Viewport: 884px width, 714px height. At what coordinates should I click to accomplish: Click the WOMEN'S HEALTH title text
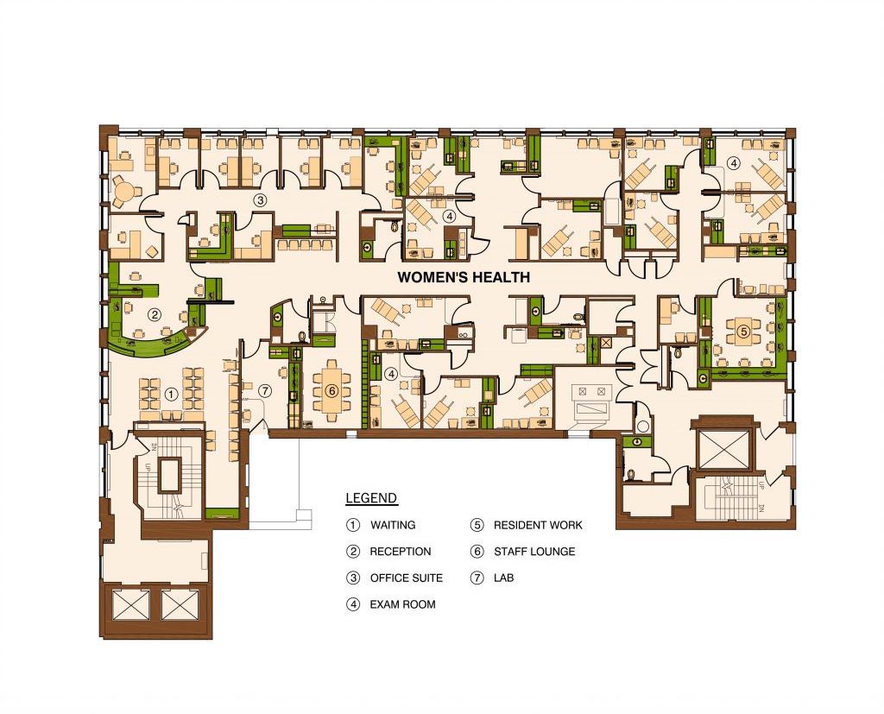pos(464,277)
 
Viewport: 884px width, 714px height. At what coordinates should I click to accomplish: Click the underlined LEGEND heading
pos(371,498)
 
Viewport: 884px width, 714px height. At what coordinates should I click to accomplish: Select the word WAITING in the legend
pos(393,525)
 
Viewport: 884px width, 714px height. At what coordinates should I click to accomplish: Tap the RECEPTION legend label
pos(401,552)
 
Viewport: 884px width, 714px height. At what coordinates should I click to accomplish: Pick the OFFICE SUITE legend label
pos(407,578)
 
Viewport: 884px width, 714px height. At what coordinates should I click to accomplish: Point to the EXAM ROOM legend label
pos(402,604)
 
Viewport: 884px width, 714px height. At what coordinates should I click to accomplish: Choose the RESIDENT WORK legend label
pos(538,525)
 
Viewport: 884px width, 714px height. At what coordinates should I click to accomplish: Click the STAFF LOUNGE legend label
pos(534,552)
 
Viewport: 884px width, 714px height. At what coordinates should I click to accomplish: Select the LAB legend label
pos(503,578)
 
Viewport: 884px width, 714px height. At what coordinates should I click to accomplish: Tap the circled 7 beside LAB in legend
pos(477,578)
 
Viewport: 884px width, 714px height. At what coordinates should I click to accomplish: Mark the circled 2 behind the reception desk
pos(154,315)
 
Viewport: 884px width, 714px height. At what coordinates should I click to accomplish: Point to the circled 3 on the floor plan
pos(259,199)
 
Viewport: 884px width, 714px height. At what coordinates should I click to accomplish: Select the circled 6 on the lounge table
pos(332,390)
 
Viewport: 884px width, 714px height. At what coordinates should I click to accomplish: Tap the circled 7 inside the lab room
pos(265,390)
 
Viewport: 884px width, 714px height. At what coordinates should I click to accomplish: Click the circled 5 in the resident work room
pos(744,332)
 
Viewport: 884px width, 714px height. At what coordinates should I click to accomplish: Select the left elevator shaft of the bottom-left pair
pos(131,605)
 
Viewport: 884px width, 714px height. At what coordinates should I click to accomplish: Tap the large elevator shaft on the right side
pos(724,450)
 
